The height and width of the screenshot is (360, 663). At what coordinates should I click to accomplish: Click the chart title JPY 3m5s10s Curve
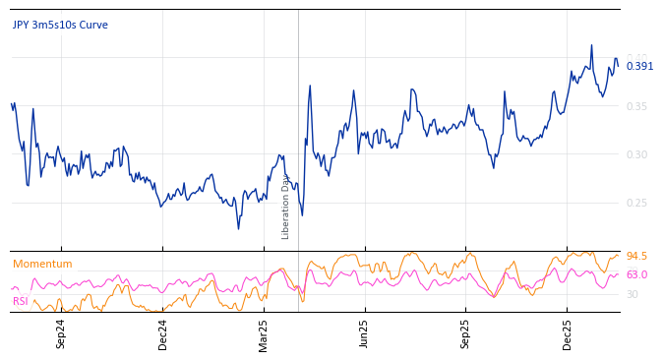60,25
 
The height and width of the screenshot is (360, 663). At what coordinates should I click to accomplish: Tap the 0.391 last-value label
639,67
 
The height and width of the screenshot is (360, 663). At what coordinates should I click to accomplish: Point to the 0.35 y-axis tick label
637,106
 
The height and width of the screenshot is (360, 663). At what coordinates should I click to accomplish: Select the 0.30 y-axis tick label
637,154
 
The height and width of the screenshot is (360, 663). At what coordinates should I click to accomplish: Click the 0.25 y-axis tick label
637,203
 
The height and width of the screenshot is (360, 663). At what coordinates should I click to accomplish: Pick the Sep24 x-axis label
61,333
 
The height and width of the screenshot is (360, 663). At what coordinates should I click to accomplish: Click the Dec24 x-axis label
163,333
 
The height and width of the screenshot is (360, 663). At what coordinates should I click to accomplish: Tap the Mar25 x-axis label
264,333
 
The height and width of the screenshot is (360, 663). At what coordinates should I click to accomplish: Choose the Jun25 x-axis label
364,333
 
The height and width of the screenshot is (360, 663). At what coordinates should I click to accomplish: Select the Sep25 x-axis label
465,333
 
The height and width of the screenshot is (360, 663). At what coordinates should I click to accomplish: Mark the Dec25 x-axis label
568,333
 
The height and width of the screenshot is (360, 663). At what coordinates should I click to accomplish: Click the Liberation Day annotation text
286,207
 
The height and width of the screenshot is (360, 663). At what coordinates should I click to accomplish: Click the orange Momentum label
42,264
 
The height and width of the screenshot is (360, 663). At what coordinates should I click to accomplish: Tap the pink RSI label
21,301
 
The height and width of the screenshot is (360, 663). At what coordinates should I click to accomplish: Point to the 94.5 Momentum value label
636,256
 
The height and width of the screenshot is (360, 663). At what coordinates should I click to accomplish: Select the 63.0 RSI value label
636,274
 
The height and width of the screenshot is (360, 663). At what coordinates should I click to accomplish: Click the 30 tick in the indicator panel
633,294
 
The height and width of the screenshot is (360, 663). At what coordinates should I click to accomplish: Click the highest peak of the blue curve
591,45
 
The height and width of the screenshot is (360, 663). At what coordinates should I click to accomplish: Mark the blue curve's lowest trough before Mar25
238,228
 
